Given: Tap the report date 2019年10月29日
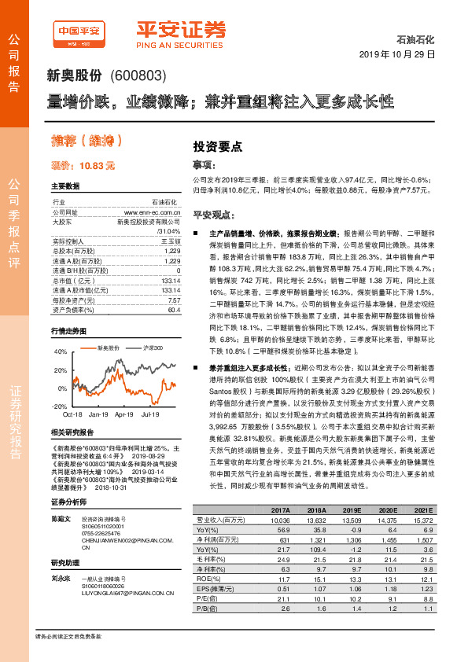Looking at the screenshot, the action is coord(401,53).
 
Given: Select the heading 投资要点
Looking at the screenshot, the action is coord(217,145).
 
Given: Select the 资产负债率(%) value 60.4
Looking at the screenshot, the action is coord(175,311).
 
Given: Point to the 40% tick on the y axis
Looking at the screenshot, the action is coord(61,351).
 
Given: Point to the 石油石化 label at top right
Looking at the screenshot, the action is coord(416,39).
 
